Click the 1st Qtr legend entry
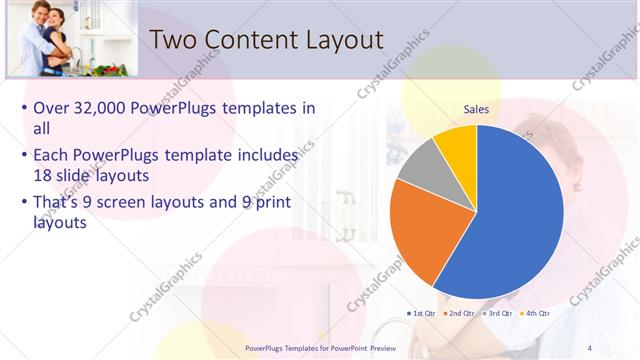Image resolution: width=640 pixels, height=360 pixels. (421, 313)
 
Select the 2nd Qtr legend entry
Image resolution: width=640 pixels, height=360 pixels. (460, 313)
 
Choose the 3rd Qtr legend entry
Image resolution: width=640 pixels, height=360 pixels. (497, 313)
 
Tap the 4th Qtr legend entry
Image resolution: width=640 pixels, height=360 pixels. (535, 313)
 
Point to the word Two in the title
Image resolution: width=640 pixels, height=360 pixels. (175, 40)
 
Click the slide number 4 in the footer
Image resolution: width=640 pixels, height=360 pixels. (589, 348)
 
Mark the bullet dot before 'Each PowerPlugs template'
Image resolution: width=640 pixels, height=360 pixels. (24, 156)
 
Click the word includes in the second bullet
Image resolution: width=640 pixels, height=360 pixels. (267, 156)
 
